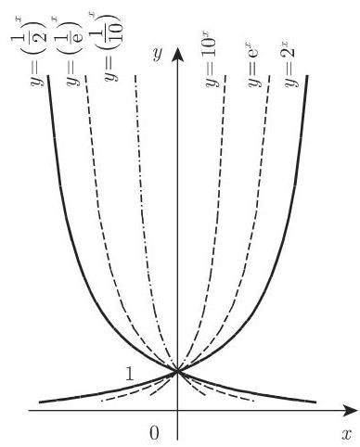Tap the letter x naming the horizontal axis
point(346,432)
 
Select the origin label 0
point(155,432)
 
